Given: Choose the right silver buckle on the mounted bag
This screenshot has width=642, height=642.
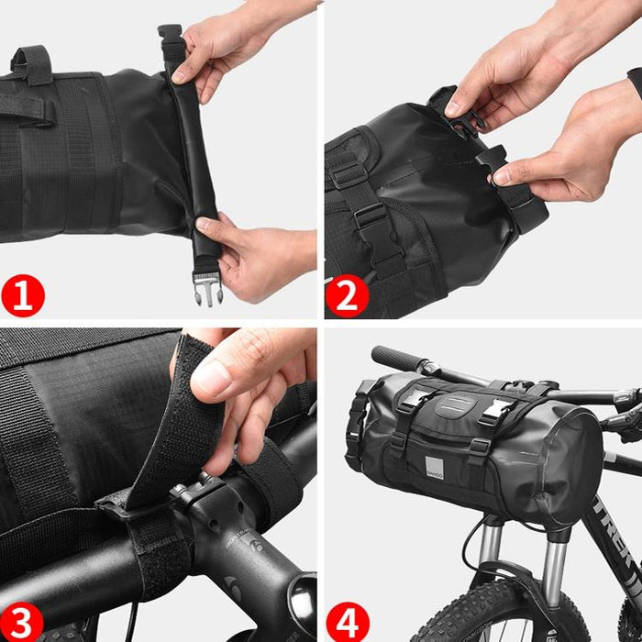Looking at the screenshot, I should click(495, 410).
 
